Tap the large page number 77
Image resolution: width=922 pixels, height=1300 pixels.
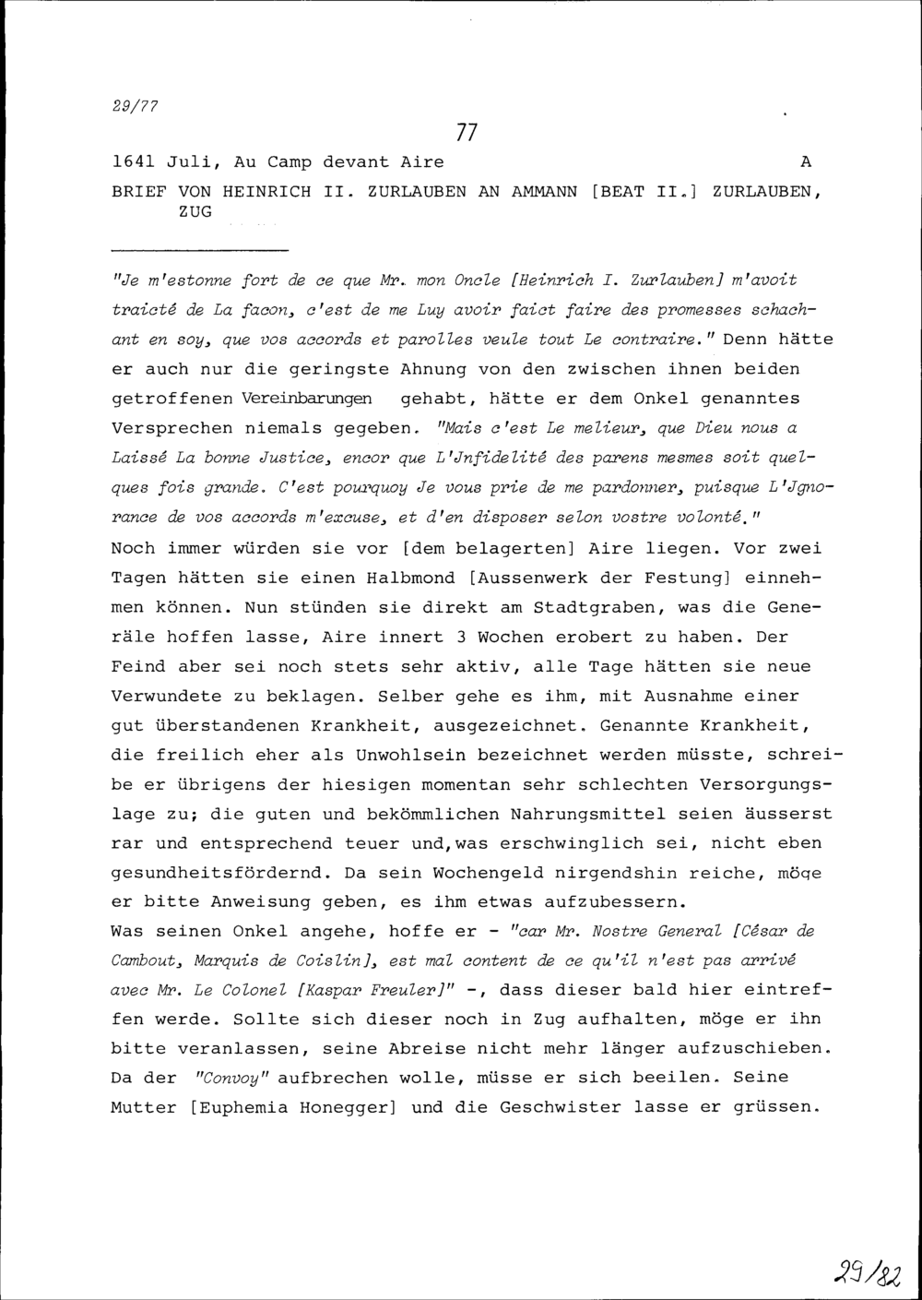click(x=467, y=133)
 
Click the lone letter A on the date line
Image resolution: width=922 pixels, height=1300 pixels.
click(x=806, y=162)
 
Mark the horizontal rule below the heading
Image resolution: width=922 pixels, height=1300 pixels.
click(x=199, y=251)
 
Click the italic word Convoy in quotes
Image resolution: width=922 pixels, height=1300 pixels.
click(x=229, y=1078)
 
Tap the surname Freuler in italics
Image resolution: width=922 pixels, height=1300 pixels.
click(x=398, y=989)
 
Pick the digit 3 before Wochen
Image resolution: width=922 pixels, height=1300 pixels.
click(x=462, y=638)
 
